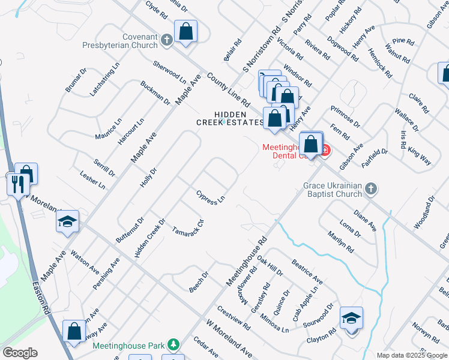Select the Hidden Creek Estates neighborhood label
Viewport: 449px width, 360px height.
click(x=230, y=118)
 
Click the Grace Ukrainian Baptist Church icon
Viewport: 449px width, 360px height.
click(x=371, y=190)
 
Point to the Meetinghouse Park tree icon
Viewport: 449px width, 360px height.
click(x=173, y=344)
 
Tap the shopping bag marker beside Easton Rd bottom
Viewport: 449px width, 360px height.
click(x=75, y=331)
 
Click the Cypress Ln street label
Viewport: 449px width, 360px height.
click(x=211, y=197)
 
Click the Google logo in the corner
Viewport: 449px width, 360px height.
click(x=20, y=353)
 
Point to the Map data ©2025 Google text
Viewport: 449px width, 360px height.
click(x=412, y=355)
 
